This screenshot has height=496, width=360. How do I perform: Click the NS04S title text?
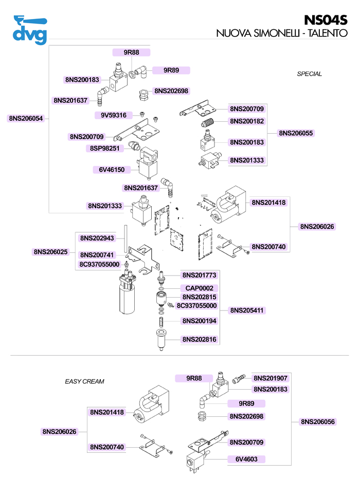click(326, 20)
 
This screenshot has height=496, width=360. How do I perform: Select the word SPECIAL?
click(309, 74)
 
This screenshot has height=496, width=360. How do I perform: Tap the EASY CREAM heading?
click(84, 381)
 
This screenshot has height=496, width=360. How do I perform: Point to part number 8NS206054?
click(26, 118)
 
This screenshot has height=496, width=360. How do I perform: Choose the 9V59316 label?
click(114, 115)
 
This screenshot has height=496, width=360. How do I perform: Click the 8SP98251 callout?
click(105, 148)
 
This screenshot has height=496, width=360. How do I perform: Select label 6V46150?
click(109, 169)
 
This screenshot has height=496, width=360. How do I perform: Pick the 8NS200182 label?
click(247, 121)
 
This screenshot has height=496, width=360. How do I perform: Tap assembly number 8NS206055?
click(296, 133)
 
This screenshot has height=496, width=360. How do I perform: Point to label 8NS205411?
click(247, 310)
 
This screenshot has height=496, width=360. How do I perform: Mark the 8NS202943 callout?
click(97, 238)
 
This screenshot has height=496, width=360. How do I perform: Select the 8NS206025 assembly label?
click(51, 252)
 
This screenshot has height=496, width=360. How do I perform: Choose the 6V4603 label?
click(247, 459)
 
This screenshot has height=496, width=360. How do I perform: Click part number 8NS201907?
click(271, 378)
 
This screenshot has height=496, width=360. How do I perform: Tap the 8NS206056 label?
click(318, 421)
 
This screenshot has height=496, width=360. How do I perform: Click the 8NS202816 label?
click(199, 340)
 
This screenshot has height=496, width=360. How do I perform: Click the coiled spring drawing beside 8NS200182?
click(208, 123)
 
